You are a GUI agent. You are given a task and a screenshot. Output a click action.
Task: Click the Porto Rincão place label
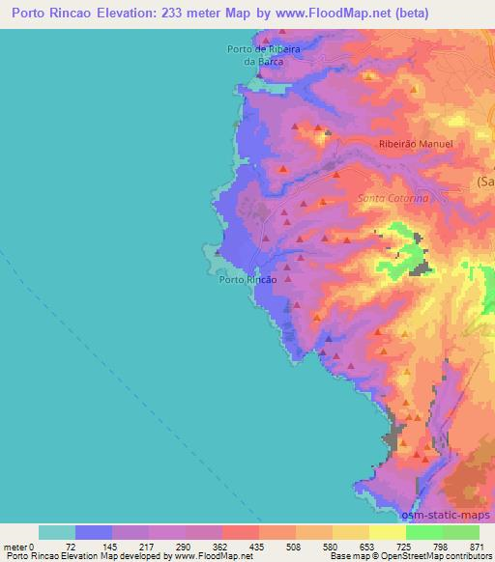248,279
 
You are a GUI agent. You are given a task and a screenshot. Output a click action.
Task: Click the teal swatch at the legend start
57,532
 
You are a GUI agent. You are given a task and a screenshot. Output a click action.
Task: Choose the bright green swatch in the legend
423,532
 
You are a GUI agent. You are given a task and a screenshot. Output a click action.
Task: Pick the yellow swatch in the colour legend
387,532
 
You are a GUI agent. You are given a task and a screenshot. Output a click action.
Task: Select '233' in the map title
167,14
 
